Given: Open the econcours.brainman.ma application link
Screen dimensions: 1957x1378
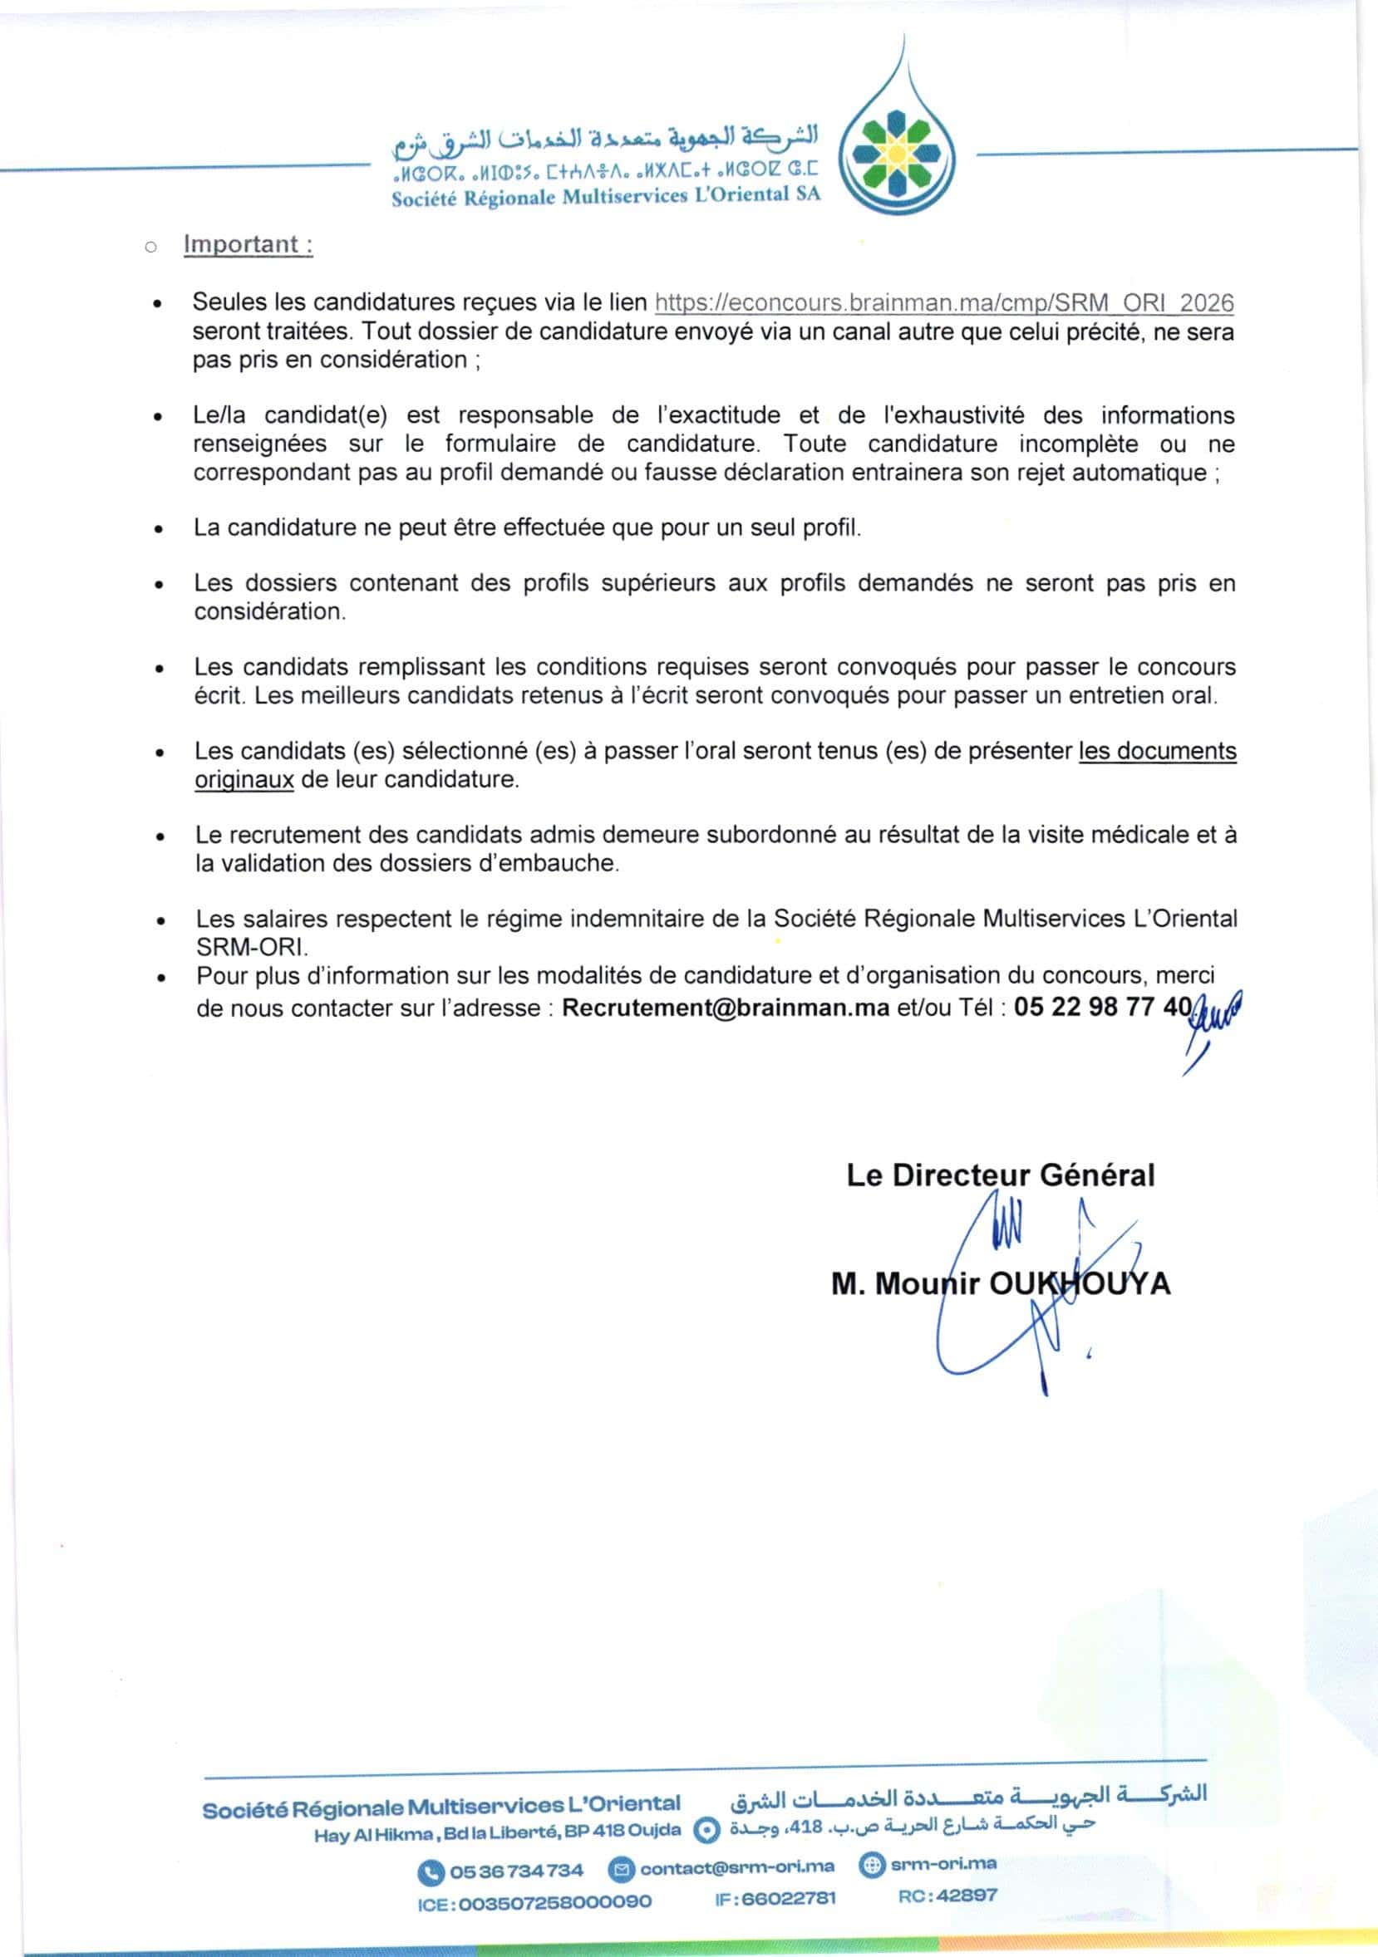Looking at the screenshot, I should point(944,302).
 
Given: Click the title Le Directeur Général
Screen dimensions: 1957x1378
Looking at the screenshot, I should point(1000,1175).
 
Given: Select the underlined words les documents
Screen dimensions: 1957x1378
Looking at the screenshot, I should point(1157,751).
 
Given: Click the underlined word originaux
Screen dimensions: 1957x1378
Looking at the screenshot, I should point(244,780).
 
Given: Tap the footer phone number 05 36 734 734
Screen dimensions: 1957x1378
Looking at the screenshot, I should point(517,1871).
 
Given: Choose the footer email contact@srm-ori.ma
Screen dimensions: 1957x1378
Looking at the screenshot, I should point(736,1867).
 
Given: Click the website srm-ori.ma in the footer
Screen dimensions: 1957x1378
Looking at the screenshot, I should point(943,1864).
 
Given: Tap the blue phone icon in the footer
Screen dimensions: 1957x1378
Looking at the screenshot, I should point(431,1871).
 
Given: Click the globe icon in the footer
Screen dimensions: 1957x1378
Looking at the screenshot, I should point(872,1865).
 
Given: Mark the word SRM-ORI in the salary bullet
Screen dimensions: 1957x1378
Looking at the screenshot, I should point(251,948).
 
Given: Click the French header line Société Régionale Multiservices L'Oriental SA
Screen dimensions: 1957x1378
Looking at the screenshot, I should point(605,196).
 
